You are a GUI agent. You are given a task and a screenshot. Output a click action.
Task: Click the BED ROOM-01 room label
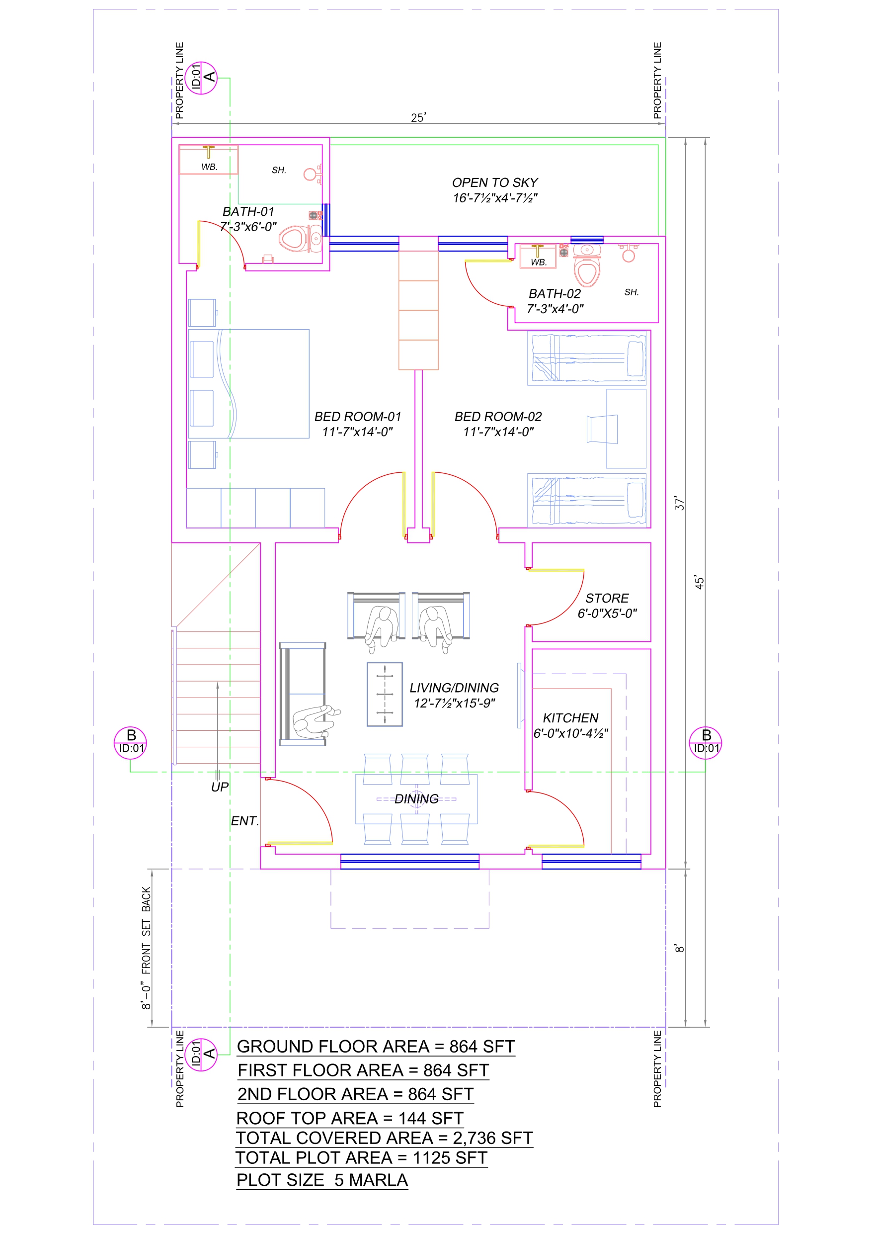point(358,417)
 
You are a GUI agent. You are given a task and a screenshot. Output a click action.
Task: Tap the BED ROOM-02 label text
point(498,417)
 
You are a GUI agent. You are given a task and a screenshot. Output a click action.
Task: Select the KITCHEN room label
point(570,718)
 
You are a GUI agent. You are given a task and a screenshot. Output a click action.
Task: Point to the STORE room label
point(607,598)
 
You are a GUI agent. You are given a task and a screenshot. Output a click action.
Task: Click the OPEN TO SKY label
point(495,183)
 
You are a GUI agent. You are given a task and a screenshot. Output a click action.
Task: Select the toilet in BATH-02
point(587,265)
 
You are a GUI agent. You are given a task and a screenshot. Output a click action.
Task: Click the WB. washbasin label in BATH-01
point(210,167)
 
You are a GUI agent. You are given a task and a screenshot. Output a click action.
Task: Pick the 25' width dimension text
point(418,118)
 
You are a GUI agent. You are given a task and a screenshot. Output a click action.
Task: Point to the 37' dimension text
point(680,503)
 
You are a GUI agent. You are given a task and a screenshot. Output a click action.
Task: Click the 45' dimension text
point(700,582)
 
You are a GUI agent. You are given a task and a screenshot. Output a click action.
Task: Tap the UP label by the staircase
point(220,787)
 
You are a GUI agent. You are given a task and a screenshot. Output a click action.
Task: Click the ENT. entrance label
point(245,821)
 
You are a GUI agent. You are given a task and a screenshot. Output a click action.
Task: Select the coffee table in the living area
point(385,694)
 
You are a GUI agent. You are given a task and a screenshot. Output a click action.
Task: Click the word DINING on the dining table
point(416,798)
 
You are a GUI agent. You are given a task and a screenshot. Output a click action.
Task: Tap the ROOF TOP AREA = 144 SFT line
point(350,1118)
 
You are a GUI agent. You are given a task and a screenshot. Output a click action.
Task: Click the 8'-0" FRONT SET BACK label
point(146,948)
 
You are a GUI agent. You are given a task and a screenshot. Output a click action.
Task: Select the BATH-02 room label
point(555,293)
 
